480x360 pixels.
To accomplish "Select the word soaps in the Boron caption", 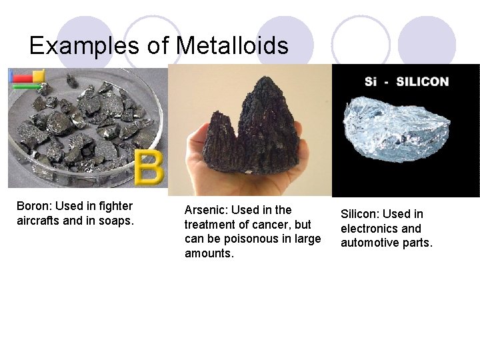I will [117, 221].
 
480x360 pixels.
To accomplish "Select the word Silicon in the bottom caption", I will [360, 214].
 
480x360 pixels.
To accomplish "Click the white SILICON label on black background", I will [422, 82].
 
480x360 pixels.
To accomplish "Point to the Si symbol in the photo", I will [371, 82].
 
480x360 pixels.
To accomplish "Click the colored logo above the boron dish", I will [27, 78].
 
